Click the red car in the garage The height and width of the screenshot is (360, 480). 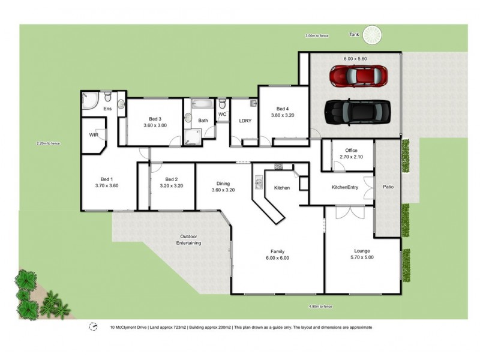[x=358, y=76]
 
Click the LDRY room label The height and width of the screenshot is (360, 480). [x=245, y=121]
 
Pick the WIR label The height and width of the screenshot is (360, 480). [x=94, y=135]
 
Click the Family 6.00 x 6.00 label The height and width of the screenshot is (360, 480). [x=277, y=254]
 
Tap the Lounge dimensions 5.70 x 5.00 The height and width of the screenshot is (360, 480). [x=362, y=257]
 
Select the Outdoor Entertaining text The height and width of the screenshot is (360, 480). [x=188, y=239]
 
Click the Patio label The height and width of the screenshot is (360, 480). [x=388, y=187]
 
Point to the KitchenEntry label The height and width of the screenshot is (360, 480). [x=345, y=188]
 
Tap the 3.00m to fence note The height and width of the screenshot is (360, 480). [x=317, y=36]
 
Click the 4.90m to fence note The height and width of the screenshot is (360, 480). [x=320, y=306]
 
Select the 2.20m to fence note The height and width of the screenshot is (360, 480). [x=48, y=143]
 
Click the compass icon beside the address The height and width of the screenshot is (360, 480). [x=93, y=327]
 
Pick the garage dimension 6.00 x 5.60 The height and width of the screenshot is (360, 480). [x=355, y=59]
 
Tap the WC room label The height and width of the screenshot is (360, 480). [x=222, y=114]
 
